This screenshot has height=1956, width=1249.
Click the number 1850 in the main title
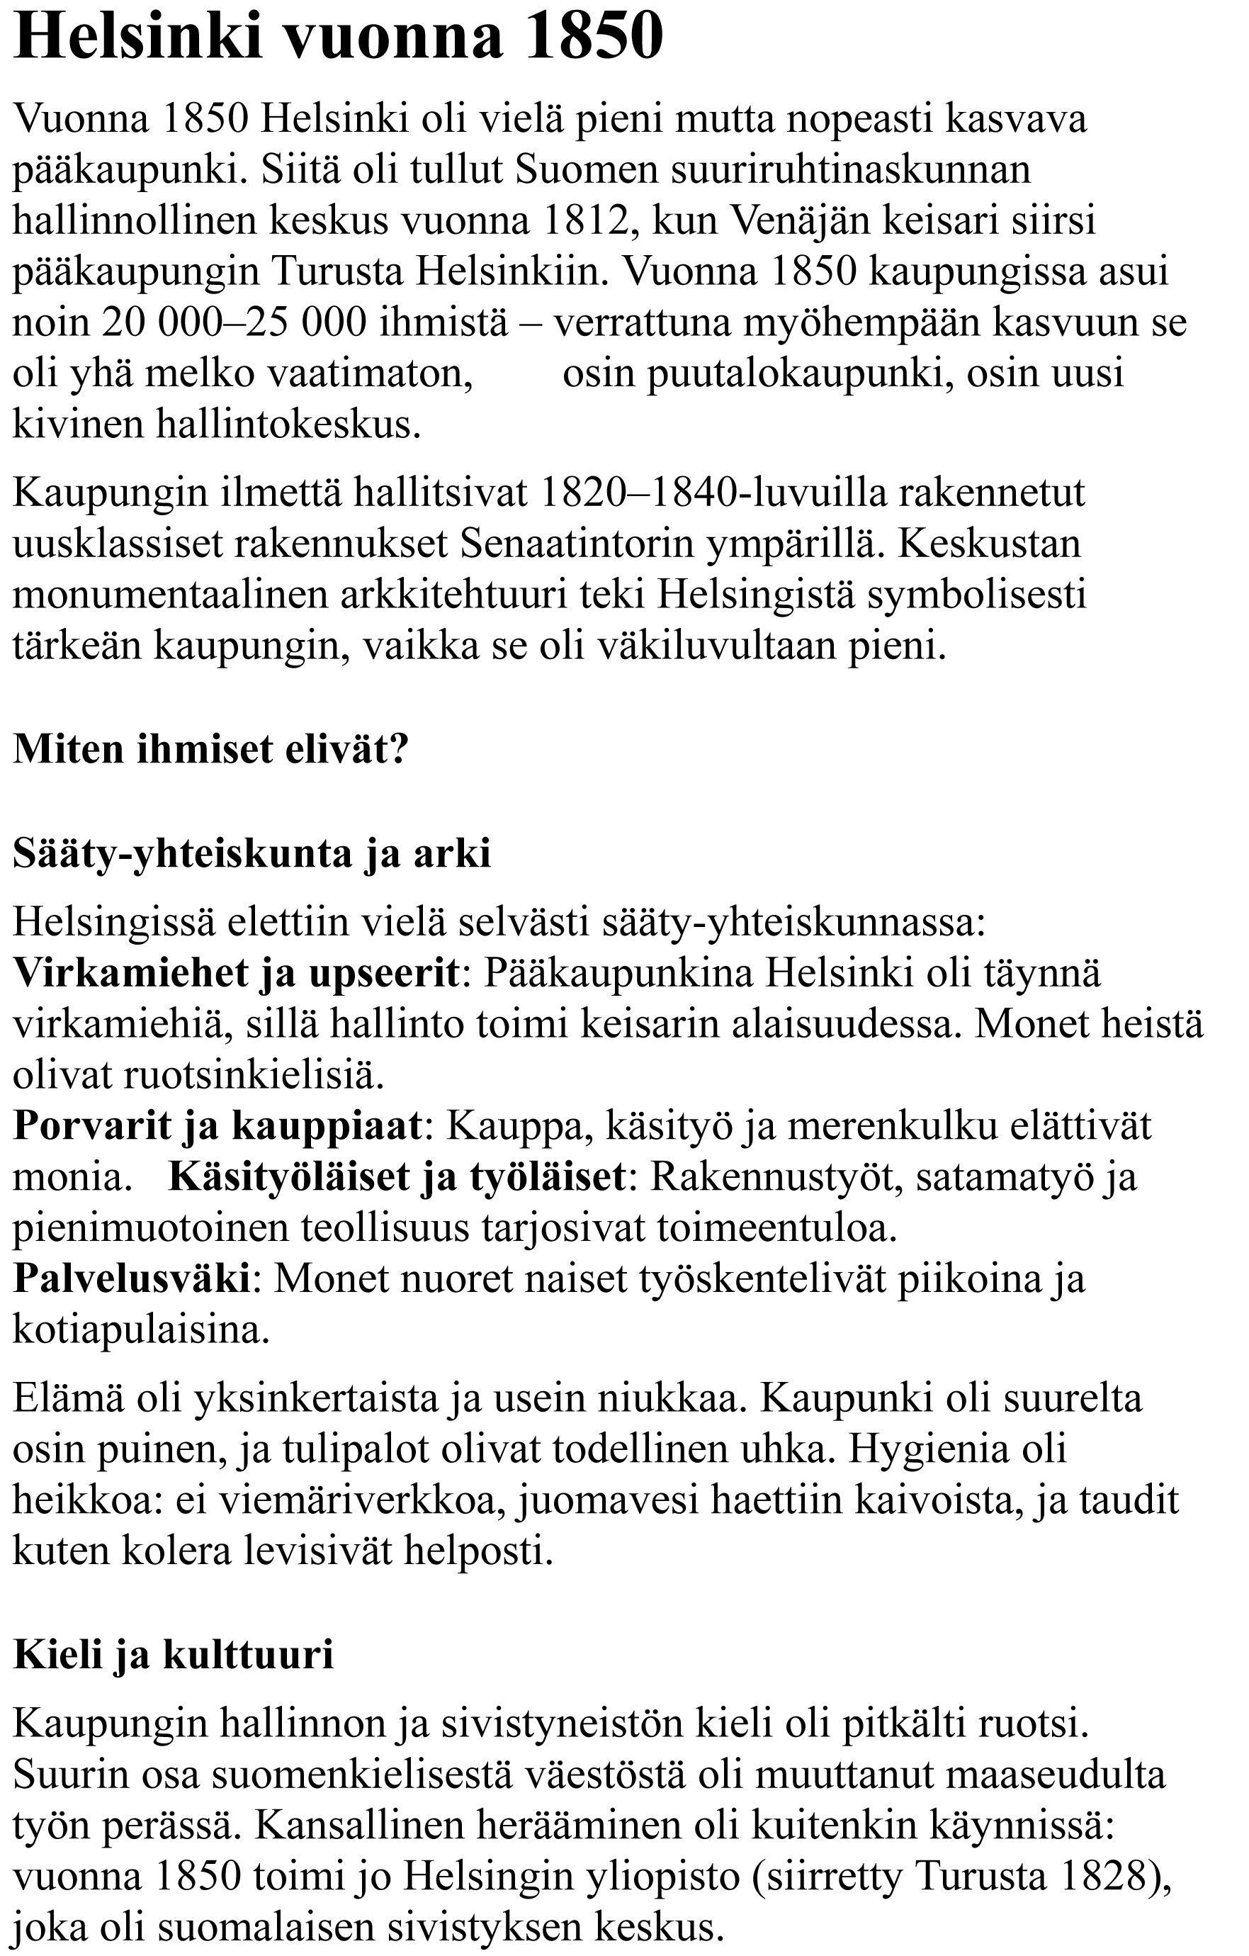pos(594,38)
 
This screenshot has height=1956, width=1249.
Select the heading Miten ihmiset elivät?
pos(210,749)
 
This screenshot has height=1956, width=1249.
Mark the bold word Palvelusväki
pos(132,1278)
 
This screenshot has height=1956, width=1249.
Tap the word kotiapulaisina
pos(140,1330)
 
